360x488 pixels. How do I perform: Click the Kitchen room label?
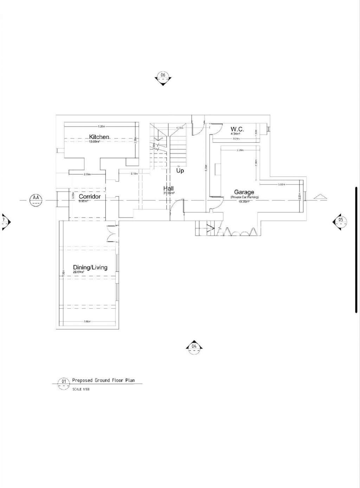click(99, 137)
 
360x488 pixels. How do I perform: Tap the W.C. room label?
click(237, 129)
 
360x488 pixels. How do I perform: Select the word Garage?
click(244, 192)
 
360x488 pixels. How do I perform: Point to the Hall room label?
click(168, 189)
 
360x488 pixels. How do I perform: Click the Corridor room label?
click(90, 197)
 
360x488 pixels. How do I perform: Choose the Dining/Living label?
click(90, 268)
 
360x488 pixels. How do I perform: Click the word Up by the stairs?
click(180, 171)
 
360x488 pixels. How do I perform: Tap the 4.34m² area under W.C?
click(235, 134)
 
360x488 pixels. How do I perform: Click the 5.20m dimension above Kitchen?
click(101, 126)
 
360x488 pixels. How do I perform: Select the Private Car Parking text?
click(245, 198)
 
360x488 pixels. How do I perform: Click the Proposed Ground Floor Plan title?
click(103, 380)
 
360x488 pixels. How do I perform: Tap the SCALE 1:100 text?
click(81, 390)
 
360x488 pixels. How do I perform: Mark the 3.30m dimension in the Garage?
click(281, 184)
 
